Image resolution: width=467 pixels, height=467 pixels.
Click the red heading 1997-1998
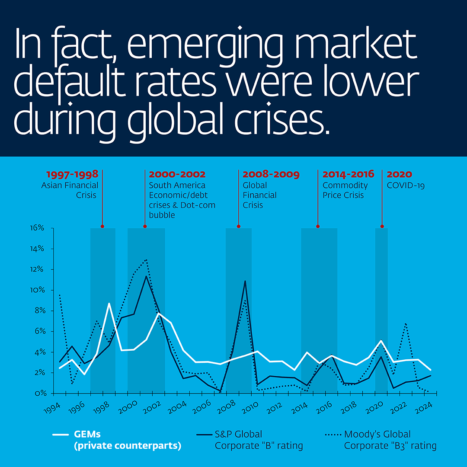click(x=72, y=175)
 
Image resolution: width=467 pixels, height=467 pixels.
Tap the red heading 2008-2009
click(x=271, y=175)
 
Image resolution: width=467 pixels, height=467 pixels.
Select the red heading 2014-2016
click(x=348, y=175)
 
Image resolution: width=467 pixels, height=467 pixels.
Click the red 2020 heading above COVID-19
click(x=399, y=175)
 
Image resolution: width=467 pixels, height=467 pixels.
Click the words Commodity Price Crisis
click(x=345, y=190)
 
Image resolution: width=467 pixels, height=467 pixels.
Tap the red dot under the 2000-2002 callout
click(x=145, y=226)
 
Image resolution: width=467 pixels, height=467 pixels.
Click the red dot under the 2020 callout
click(x=382, y=226)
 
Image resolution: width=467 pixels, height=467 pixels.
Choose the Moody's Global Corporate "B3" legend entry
click(x=381, y=440)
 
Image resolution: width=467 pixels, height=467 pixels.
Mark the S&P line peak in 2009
click(x=245, y=281)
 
